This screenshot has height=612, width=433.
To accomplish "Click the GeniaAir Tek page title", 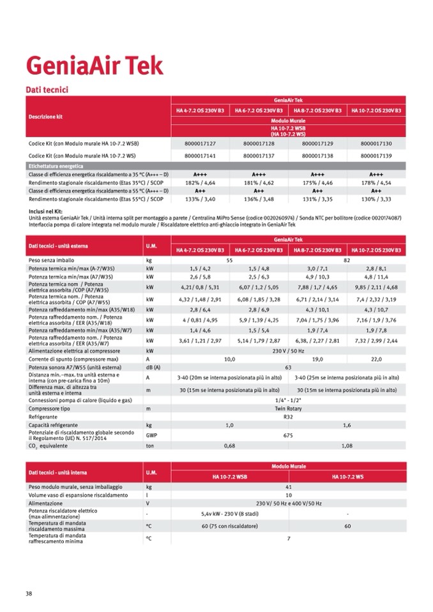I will pos(94,66).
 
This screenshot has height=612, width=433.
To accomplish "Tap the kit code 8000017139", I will pos(376,155).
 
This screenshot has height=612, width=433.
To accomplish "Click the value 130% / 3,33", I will pos(376,199).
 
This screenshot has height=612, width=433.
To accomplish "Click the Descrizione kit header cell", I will pos(45,117).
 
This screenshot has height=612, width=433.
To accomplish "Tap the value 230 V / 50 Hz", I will pos(288,350).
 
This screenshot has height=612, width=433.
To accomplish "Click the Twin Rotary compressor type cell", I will pos(288,408).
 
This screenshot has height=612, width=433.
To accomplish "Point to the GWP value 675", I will pos(288,435).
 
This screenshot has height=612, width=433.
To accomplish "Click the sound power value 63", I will pos(288,368).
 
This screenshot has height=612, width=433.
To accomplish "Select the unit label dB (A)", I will pos(153,368).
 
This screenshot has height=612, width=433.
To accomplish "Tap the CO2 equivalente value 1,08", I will pos(347,446).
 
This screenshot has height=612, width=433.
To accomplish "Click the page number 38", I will pos(29,593).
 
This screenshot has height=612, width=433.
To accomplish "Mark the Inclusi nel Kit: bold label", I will pos(45,210).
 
